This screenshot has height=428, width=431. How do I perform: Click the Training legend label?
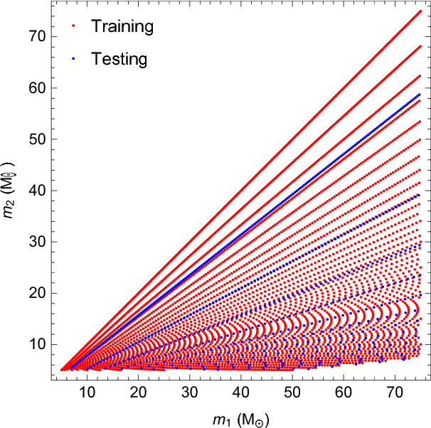click(122, 27)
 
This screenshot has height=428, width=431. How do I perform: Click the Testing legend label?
click(119, 59)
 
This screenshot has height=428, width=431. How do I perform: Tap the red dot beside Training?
click(74, 27)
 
